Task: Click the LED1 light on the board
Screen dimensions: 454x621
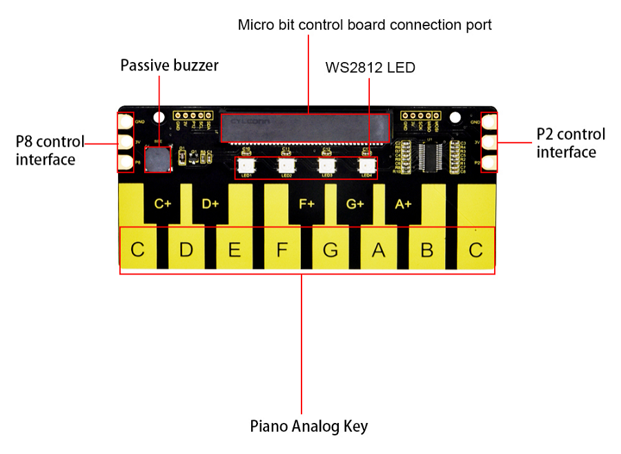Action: (x=246, y=166)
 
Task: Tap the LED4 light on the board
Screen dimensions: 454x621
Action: (x=366, y=166)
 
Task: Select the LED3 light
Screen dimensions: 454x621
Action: (x=326, y=166)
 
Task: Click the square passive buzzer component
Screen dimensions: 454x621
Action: (x=158, y=158)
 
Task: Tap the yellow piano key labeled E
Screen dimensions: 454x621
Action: (x=235, y=250)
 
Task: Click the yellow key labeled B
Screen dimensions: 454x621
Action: (x=427, y=250)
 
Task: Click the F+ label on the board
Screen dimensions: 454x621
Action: (x=306, y=204)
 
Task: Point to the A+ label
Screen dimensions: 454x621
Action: (x=403, y=204)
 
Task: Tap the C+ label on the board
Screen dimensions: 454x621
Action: (x=163, y=204)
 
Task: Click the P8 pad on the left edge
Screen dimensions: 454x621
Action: (x=126, y=163)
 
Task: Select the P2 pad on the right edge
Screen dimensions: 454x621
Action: (x=489, y=163)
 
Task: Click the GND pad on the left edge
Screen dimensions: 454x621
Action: (x=126, y=122)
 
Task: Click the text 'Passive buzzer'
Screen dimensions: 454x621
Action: (x=169, y=66)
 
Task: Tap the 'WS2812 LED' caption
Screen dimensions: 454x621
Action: (x=371, y=68)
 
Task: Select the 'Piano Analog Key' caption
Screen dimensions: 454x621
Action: (x=308, y=426)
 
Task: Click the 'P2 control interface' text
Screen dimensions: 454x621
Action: (x=571, y=143)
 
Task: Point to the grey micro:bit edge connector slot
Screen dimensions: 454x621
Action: (x=305, y=126)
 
